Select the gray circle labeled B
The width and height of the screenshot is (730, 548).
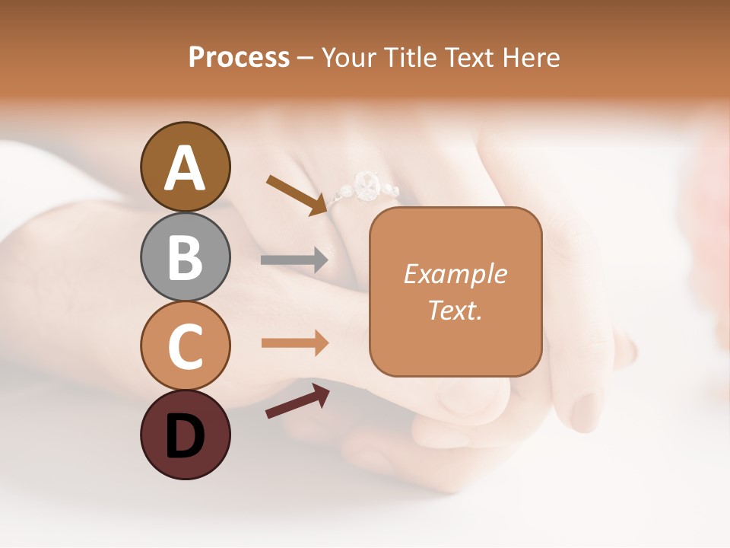pyautogui.click(x=185, y=256)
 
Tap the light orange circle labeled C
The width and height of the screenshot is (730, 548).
pyautogui.click(x=185, y=345)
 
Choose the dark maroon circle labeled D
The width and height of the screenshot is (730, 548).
pyautogui.click(x=185, y=435)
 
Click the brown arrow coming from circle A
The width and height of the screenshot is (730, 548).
pyautogui.click(x=297, y=195)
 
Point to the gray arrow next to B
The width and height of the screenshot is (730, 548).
pyautogui.click(x=294, y=260)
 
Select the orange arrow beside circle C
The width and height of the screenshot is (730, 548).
pyautogui.click(x=294, y=343)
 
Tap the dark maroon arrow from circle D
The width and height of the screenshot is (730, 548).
pyautogui.click(x=297, y=401)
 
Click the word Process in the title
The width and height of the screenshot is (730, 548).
pyautogui.click(x=239, y=58)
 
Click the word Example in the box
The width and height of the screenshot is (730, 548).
pyautogui.click(x=455, y=274)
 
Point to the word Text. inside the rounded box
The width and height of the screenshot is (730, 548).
pyautogui.click(x=455, y=310)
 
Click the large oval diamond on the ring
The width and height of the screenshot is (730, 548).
pyautogui.click(x=367, y=185)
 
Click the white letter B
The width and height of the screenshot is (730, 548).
pyautogui.click(x=185, y=256)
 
